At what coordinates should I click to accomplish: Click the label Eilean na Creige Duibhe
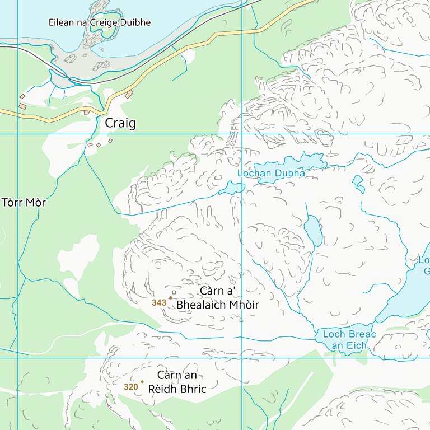(x=100, y=22)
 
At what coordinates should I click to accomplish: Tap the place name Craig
(x=120, y=123)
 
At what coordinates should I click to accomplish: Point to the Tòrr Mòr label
(x=24, y=202)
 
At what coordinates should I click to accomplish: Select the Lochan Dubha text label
(x=271, y=174)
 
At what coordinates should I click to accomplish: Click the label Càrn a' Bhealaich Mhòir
(x=218, y=298)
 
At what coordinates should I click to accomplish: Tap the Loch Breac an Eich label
(x=349, y=340)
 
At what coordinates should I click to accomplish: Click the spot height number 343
(x=159, y=302)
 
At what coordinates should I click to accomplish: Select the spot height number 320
(x=130, y=386)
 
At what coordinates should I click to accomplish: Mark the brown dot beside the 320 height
(x=142, y=382)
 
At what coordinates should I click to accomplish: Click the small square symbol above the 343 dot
(x=174, y=292)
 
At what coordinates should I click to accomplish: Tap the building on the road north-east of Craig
(x=129, y=95)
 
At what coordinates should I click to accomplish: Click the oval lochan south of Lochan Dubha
(x=313, y=231)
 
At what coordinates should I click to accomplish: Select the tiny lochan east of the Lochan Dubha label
(x=357, y=182)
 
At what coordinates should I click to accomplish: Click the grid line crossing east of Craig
(x=242, y=134)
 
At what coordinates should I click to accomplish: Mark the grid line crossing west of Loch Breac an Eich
(x=242, y=358)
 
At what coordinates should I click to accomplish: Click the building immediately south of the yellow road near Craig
(x=86, y=113)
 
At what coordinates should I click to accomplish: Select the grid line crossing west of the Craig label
(x=18, y=134)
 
